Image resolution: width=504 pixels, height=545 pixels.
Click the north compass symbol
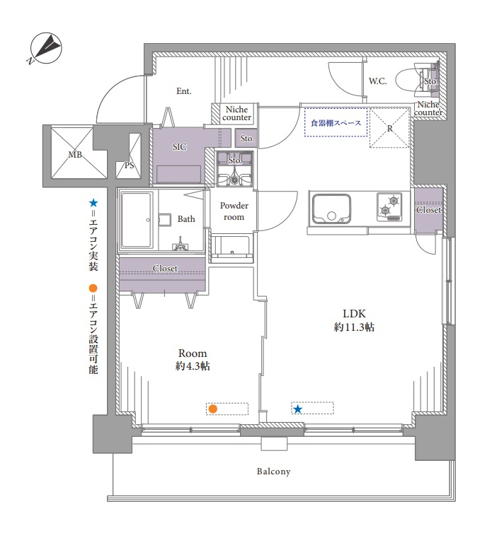click(x=46, y=48)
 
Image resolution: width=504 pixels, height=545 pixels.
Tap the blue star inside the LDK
click(x=297, y=409)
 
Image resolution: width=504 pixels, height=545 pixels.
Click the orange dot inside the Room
click(x=212, y=409)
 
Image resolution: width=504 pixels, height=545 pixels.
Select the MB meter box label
click(x=75, y=155)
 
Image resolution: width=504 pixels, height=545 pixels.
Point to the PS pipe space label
click(x=129, y=165)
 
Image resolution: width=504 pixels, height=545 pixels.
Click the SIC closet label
click(x=180, y=147)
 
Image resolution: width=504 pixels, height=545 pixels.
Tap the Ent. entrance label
click(x=184, y=91)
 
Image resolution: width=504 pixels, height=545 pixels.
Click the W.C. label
click(x=378, y=81)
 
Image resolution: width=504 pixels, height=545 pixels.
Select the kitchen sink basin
click(x=331, y=209)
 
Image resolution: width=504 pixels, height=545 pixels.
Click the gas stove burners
click(x=389, y=207)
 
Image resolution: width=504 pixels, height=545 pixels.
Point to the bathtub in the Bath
click(x=137, y=220)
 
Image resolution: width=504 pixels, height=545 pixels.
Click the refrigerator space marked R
click(x=389, y=128)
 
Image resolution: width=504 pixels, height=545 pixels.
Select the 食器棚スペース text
click(x=336, y=123)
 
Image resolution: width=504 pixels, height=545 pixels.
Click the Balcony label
click(x=273, y=471)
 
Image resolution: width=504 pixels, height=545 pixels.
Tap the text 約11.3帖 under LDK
click(x=354, y=327)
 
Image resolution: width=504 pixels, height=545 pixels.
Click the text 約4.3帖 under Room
click(x=193, y=366)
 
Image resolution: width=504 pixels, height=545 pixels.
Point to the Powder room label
click(x=234, y=211)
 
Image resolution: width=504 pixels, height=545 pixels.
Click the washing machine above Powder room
click(x=234, y=169)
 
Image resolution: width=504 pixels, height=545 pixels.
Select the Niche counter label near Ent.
click(x=236, y=113)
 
